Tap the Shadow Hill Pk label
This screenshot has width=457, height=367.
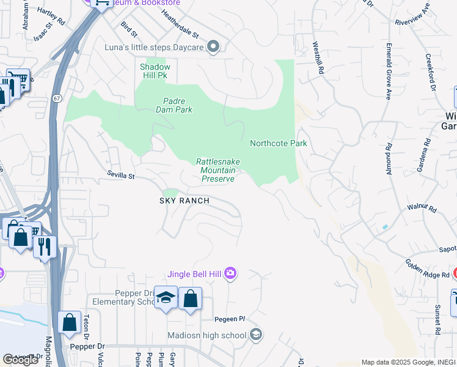[x=155, y=71]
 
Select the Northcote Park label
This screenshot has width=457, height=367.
[x=278, y=143]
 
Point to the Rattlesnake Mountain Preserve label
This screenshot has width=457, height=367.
[x=218, y=170]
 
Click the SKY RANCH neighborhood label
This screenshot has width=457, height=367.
[x=185, y=201]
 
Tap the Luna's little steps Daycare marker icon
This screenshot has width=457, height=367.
[x=213, y=47]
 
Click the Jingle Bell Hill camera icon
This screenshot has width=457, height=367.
[x=230, y=272]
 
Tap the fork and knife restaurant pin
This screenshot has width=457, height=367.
[x=45, y=247]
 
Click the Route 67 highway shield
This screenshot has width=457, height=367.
[x=56, y=98]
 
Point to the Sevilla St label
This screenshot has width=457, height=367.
[x=120, y=176]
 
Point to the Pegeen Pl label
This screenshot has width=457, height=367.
[x=229, y=319]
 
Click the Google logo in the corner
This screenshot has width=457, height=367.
[x=21, y=359]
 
